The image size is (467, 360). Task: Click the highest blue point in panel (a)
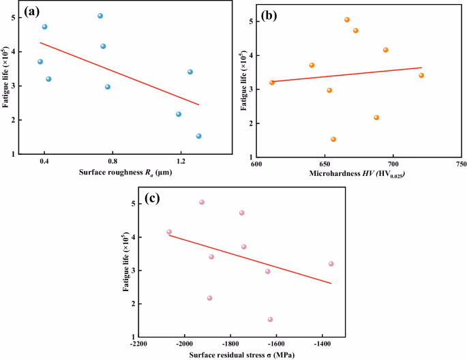100,16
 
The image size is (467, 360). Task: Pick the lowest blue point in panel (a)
198,136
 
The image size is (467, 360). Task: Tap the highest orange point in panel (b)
347,20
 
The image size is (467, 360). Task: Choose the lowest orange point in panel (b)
333,139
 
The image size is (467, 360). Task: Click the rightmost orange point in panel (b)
421,75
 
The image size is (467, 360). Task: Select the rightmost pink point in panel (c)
331,264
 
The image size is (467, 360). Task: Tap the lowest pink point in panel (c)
270,319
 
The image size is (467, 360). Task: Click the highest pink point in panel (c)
202,202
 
